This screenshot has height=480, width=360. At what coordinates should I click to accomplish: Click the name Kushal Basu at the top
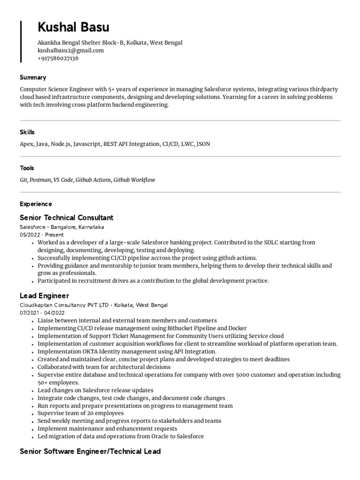point(73,27)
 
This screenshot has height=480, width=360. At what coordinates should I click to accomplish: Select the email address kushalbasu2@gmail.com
point(70,51)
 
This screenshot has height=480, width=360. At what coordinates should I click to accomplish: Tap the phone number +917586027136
point(58,59)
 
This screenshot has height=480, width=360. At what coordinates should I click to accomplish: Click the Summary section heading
point(33,77)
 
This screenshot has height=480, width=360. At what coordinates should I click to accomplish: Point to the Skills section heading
point(27,132)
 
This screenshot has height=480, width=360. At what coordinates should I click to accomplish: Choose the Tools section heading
point(27,168)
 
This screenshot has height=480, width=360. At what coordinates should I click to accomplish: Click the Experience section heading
point(36,204)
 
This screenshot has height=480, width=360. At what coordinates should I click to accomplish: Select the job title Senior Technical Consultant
point(67,217)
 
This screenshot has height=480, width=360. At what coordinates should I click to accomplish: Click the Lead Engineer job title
point(44,296)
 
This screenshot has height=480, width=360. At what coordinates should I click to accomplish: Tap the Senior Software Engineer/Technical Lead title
point(90,451)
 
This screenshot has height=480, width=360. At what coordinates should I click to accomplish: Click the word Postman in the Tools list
point(40,180)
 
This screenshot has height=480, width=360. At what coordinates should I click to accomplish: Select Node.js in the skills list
point(60,144)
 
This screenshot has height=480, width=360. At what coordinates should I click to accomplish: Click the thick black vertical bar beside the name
point(21,41)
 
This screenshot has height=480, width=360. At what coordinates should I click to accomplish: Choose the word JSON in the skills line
point(203,144)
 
